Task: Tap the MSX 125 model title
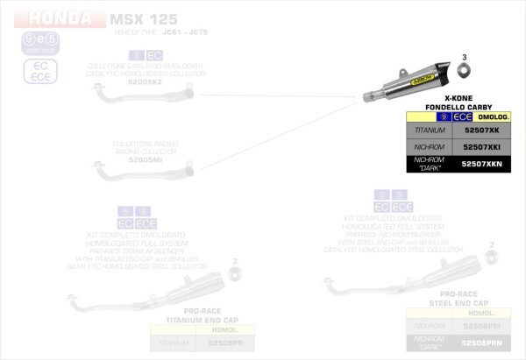(x=139, y=18)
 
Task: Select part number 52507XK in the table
(x=480, y=130)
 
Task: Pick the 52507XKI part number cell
(x=480, y=147)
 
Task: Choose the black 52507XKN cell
(x=480, y=164)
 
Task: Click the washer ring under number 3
(x=466, y=71)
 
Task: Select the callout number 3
(x=465, y=57)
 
